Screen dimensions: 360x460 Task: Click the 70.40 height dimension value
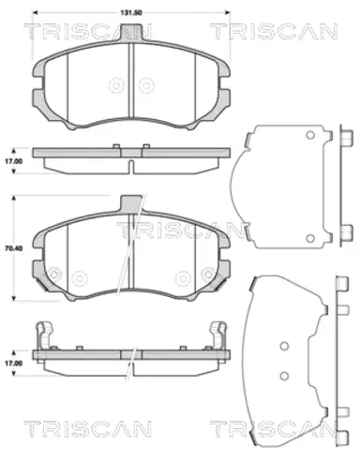[13, 249]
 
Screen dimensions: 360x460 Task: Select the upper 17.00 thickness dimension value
[13, 161]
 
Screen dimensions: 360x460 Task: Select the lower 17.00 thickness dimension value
[13, 364]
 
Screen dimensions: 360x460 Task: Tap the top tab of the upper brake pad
[131, 33]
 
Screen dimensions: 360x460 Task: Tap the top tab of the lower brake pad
[131, 203]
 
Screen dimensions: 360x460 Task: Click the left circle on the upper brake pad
[116, 85]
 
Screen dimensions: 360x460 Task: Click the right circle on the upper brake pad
[146, 85]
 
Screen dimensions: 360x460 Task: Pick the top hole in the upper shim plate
[310, 135]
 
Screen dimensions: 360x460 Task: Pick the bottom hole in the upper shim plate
[310, 239]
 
